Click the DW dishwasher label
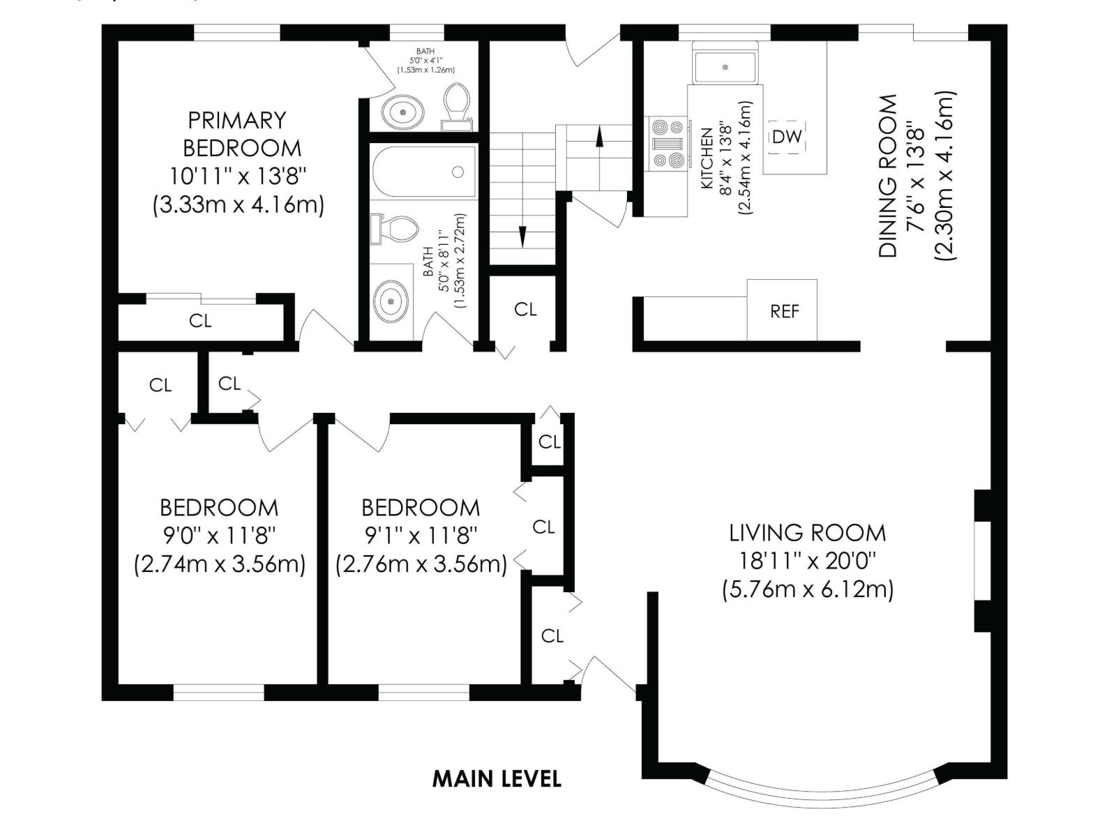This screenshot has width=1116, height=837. tap(787, 137)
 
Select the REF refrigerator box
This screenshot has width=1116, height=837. tap(783, 310)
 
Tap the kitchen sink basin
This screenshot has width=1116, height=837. tap(725, 68)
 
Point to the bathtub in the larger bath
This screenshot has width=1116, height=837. tap(423, 172)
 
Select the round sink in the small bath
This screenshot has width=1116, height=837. tap(402, 112)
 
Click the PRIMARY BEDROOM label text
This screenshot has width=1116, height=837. tap(237, 134)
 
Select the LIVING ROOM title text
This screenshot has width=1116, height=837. tap(808, 533)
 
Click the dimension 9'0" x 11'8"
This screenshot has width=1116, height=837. tap(220, 536)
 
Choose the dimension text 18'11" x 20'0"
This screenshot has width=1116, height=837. tap(808, 561)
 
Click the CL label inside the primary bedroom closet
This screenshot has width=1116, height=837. tap(200, 321)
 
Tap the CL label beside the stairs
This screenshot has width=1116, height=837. tap(525, 309)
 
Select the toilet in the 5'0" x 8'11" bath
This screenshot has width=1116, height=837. tap(397, 228)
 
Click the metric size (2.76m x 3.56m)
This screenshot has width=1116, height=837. tap(421, 564)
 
